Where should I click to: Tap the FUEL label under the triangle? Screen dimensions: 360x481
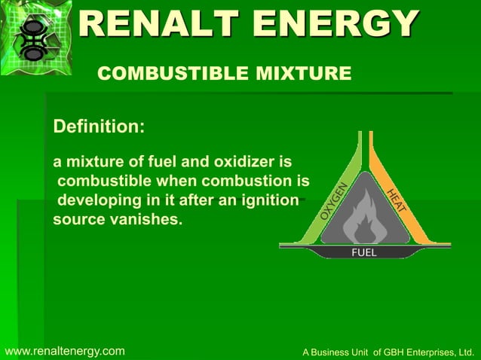pyautogui.click(x=364, y=252)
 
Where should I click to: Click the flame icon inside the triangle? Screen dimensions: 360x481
pyautogui.click(x=365, y=216)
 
